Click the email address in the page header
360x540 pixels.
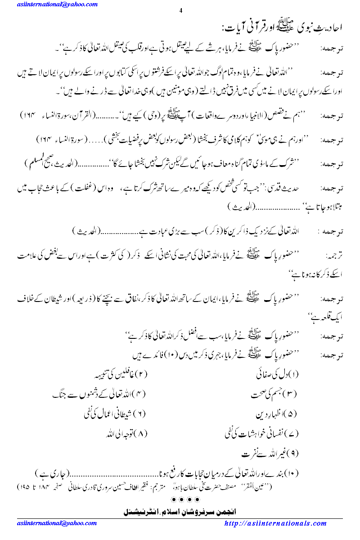point(57,4)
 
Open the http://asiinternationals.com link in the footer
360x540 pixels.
point(275,523)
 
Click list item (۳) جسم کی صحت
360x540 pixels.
point(274,394)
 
